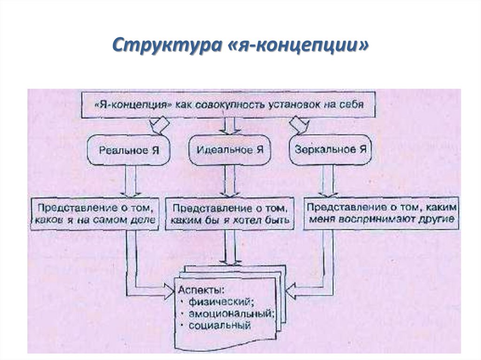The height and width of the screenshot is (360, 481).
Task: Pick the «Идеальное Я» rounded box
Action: [x=229, y=150]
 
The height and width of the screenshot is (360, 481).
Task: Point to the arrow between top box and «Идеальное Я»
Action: [x=230, y=126]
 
